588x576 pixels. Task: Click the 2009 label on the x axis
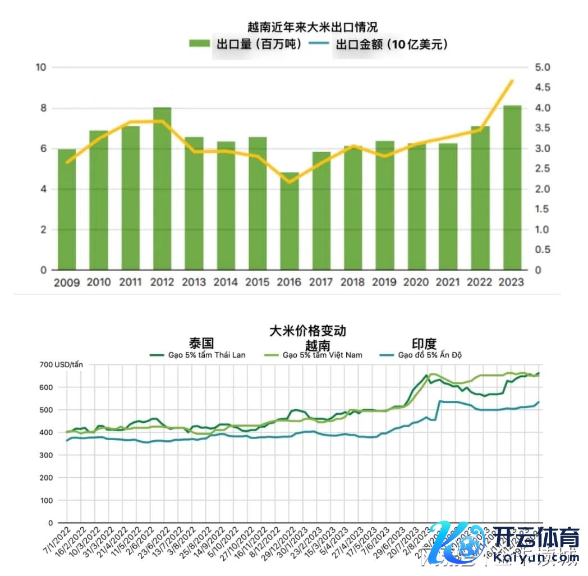(67, 282)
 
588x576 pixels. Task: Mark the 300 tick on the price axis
(46, 455)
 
